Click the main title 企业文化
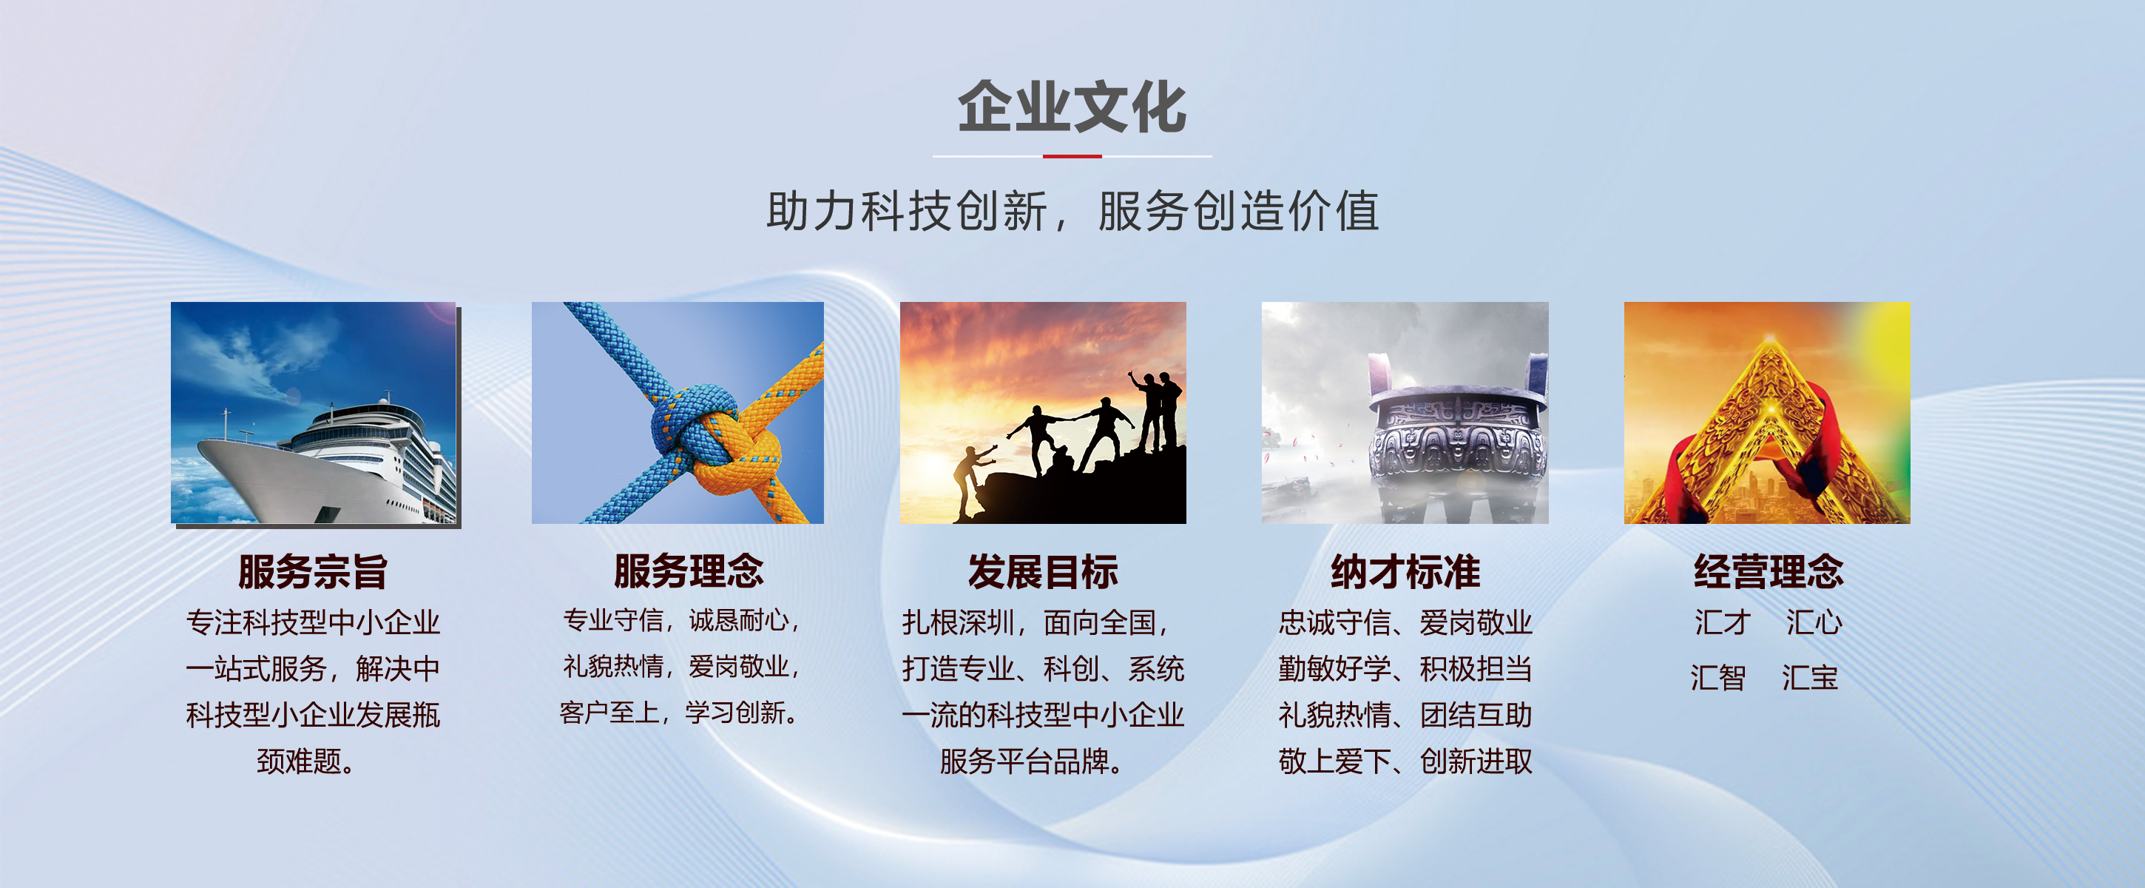point(1072,107)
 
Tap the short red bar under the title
point(1072,156)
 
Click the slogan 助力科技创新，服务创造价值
point(1072,211)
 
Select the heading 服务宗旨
point(313,571)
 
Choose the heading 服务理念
point(688,571)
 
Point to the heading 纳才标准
point(1405,571)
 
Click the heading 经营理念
point(1768,571)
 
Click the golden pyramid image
point(1767,413)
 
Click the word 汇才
point(1723,622)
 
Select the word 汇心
point(1814,622)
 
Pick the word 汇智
point(1717,677)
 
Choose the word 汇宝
point(1809,677)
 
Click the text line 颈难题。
point(305,761)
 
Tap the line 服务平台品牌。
point(1031,761)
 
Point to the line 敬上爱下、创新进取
point(1405,761)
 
